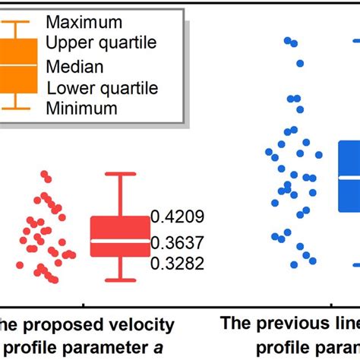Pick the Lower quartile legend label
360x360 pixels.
[x=102, y=88]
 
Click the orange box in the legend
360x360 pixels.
[x=21, y=65]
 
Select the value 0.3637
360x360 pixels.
[x=177, y=243]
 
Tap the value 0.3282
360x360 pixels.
[x=177, y=264]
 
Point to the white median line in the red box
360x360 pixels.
[x=120, y=242]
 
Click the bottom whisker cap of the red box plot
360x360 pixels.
[x=120, y=279]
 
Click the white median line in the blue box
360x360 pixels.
[x=349, y=177]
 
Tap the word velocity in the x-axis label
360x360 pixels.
[x=145, y=326]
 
